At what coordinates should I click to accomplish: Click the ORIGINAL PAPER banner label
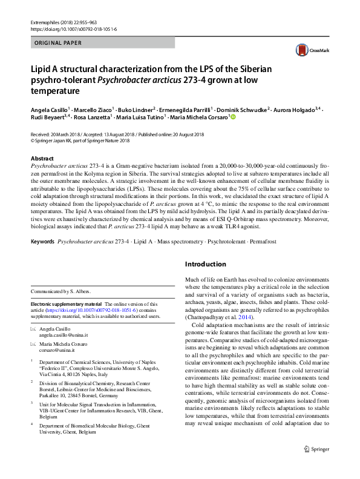pos(57,43)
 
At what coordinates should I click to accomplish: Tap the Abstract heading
pos(42,157)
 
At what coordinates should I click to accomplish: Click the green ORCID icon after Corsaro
pos(232,118)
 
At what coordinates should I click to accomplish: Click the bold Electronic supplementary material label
pos(67,304)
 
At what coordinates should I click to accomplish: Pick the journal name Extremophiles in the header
pos(46,22)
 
